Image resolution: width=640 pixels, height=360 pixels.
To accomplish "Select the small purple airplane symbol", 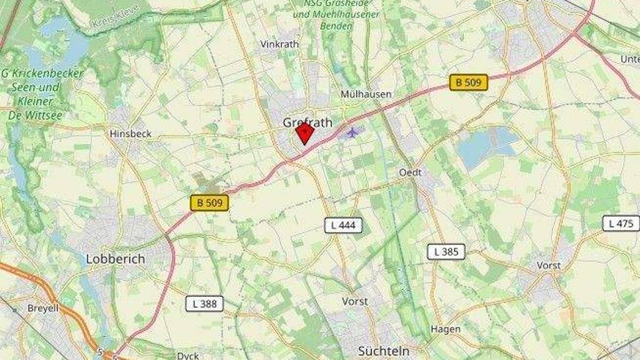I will (x=353, y=132).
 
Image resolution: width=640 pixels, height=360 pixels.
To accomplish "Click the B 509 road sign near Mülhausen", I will (x=469, y=82).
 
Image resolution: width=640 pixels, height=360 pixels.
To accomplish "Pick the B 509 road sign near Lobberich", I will (x=209, y=202).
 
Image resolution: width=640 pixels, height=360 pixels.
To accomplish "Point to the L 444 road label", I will (x=343, y=226).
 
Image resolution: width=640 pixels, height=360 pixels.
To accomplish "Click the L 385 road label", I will (x=446, y=252).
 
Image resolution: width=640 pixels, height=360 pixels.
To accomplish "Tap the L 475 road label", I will (x=621, y=223).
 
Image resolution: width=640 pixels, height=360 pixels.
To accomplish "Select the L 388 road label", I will (x=204, y=304).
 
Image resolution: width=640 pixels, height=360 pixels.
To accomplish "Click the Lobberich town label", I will (x=115, y=259).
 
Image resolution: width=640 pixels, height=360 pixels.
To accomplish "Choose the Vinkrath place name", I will (x=279, y=44).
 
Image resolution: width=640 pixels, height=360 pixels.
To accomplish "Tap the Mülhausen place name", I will (x=366, y=94).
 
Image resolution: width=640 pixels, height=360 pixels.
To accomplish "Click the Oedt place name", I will (x=411, y=172).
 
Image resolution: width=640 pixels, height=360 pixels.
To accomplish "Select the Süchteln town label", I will (x=384, y=351).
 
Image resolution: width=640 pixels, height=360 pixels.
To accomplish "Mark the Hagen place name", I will (x=446, y=329).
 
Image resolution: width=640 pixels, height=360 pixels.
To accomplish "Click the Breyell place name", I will (x=42, y=308).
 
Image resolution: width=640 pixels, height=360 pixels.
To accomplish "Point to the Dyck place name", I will (x=187, y=356).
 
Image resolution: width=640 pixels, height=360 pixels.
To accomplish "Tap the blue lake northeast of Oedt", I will (x=484, y=147).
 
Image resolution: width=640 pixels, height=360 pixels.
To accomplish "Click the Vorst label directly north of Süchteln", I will (x=355, y=301).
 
